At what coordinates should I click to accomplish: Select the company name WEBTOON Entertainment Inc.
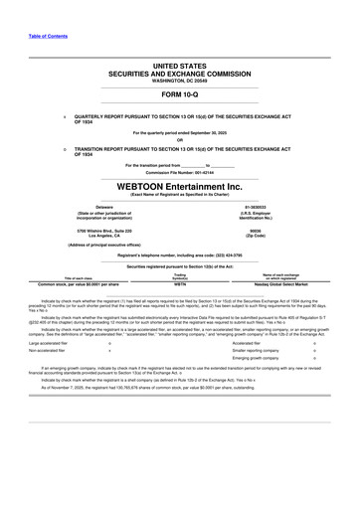179,186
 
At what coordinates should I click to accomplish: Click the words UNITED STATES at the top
179,65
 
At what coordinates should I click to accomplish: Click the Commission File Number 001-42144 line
179,171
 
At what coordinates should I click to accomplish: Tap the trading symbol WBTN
179,283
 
